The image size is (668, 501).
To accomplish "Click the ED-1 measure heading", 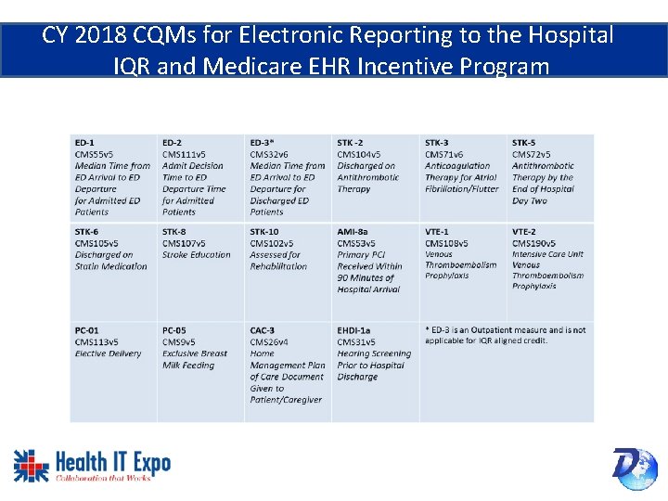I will pyautogui.click(x=84, y=143).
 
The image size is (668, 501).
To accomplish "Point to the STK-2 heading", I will pyautogui.click(x=351, y=143).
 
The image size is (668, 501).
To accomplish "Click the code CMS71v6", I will pyautogui.click(x=444, y=154).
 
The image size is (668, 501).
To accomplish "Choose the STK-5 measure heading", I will pyautogui.click(x=524, y=143).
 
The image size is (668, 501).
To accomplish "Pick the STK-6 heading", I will pyautogui.click(x=87, y=232).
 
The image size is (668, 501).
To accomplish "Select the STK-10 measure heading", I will pyautogui.click(x=264, y=232).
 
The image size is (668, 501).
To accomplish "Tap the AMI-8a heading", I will pyautogui.click(x=353, y=232).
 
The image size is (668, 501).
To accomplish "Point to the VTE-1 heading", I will pyautogui.click(x=437, y=232).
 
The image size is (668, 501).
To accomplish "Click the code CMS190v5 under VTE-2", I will pyautogui.click(x=532, y=243).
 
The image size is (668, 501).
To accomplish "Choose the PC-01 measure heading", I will pyautogui.click(x=87, y=330).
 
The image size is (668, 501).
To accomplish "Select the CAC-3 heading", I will pyautogui.click(x=263, y=330).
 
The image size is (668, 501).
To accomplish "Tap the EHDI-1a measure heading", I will pyautogui.click(x=354, y=330).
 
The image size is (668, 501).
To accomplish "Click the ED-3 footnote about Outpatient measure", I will pyautogui.click(x=506, y=335).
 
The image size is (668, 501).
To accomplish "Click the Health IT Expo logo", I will pyautogui.click(x=92, y=465).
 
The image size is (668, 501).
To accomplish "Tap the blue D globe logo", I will pyautogui.click(x=635, y=467).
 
